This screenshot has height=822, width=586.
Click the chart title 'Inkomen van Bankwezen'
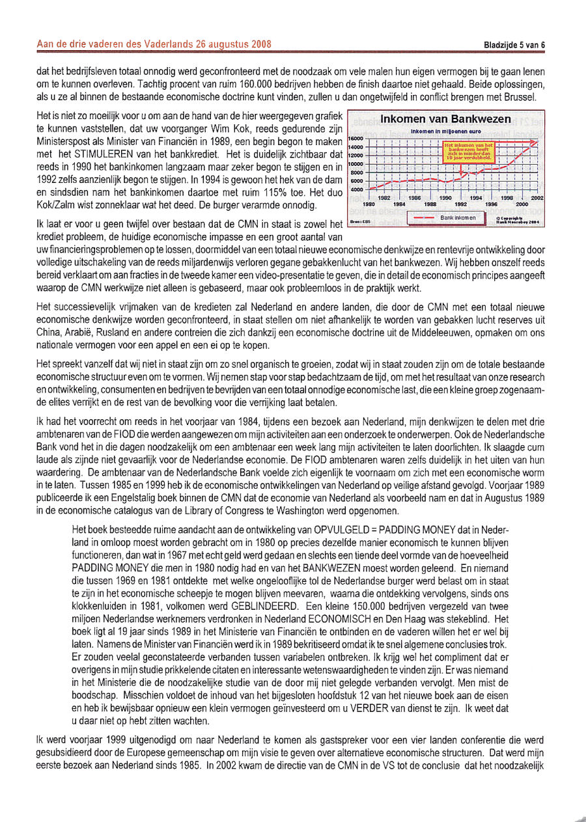click(x=446, y=119)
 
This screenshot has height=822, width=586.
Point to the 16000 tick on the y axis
click(x=356, y=139)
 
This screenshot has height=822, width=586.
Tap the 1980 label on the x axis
click(x=369, y=204)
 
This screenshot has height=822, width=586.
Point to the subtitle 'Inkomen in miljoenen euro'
click(x=447, y=131)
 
